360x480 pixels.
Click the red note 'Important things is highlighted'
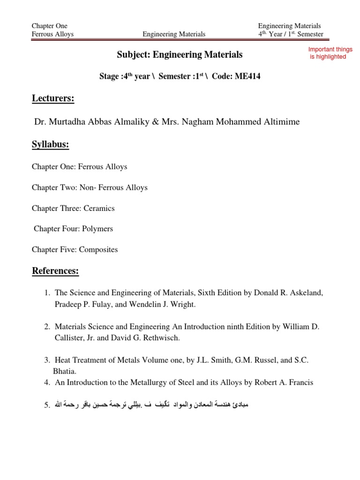coord(330,53)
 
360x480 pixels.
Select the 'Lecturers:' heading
coord(53,99)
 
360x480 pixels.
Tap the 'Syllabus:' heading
coord(50,145)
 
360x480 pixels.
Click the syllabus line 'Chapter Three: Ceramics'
coord(73,208)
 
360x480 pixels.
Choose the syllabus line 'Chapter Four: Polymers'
coord(73,229)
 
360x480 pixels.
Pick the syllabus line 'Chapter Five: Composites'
coord(75,249)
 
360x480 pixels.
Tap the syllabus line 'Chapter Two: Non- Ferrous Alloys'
coord(90,187)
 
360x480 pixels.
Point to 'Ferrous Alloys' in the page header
coord(52,34)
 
